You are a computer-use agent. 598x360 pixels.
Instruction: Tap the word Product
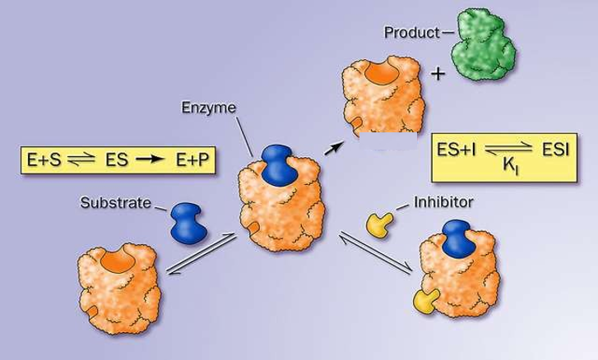409,33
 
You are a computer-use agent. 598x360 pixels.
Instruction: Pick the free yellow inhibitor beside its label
380,224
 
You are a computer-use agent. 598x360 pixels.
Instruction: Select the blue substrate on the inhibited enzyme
455,244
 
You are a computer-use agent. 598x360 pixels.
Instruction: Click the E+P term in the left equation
188,160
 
